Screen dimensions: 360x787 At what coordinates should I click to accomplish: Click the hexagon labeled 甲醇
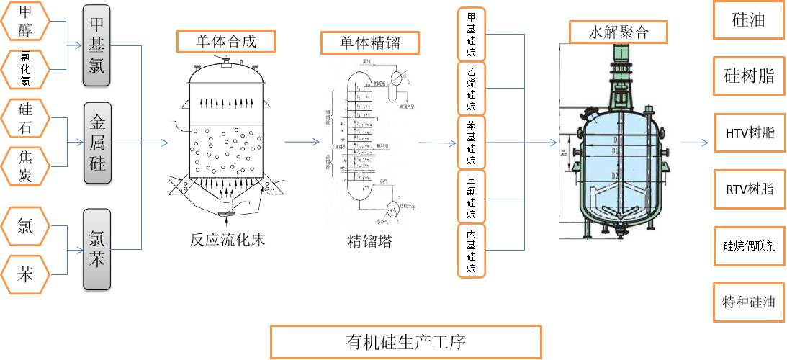coord(25,19)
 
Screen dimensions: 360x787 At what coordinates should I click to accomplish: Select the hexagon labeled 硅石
coord(25,117)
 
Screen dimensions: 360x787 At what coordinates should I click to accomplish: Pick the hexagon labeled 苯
coord(25,274)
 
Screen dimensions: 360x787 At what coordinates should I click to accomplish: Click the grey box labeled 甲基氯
coord(96,45)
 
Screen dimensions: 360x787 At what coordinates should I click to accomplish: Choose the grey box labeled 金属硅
coord(96,143)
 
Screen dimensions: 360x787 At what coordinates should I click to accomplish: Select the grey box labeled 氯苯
coord(96,249)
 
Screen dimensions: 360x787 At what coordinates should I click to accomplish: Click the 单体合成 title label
coord(226,41)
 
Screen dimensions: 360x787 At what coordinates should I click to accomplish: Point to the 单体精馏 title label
coord(369,42)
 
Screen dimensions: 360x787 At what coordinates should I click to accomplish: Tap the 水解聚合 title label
coord(619,32)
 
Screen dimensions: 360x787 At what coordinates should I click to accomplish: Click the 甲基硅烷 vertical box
coord(471,35)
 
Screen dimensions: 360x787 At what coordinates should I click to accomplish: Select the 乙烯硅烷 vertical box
coord(471,89)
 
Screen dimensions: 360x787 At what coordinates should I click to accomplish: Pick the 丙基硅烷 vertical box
coord(471,251)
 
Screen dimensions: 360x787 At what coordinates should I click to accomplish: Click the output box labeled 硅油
coord(748,20)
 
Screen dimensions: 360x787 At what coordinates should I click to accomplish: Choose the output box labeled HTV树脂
coord(750,132)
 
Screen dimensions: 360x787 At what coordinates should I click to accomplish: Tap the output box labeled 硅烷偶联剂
coord(750,245)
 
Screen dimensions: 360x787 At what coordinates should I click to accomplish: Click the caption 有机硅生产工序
coord(405,341)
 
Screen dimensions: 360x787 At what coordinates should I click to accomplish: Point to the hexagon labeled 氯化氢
coord(25,70)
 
